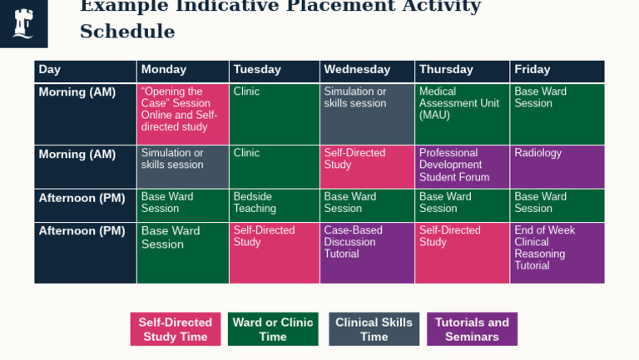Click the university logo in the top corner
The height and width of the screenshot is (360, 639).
point(23,22)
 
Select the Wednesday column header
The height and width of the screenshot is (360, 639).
point(367,71)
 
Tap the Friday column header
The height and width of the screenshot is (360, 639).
point(557,71)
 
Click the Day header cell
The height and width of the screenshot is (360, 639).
point(85,71)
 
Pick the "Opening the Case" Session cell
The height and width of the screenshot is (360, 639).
point(182,114)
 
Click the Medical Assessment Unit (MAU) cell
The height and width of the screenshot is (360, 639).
point(462,114)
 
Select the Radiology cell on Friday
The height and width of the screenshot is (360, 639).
point(557,166)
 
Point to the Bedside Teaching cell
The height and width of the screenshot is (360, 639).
point(274,205)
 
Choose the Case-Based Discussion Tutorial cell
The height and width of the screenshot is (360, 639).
point(367,253)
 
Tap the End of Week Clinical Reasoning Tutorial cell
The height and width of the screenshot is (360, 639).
point(557,253)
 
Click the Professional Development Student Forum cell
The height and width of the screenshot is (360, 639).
point(462,166)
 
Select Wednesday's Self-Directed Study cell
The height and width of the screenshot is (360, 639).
point(367,166)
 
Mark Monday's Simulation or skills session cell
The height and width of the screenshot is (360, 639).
point(182,166)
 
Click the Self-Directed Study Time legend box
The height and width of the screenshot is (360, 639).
point(176,329)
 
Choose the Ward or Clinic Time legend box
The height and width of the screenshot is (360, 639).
point(273,329)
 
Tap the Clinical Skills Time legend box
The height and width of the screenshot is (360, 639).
point(374,329)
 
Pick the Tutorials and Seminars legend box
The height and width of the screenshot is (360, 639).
point(472,329)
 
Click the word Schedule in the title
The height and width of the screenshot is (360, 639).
point(127,32)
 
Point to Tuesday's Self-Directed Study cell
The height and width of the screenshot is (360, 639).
point(274,253)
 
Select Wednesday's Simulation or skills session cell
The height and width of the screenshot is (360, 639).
point(367,114)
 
